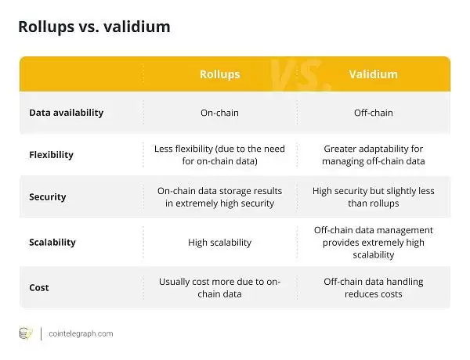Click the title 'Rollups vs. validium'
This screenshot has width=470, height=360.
pos(94,27)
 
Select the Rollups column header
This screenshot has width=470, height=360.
pos(219,74)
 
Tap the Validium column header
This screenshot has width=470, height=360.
pos(373,74)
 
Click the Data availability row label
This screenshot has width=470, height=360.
pos(66,113)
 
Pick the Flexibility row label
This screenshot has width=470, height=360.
pos(51,155)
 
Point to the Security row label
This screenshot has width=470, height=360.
pos(47,198)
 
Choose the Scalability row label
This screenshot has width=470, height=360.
pos(52,242)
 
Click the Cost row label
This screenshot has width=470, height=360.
pos(39,287)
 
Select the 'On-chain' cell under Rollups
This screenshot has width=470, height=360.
pos(219,113)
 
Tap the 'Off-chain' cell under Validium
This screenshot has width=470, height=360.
pos(373,113)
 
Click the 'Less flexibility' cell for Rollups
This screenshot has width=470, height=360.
pos(219,155)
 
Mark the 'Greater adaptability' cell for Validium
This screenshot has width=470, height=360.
pos(373,155)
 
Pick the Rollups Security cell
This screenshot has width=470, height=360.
pos(219,198)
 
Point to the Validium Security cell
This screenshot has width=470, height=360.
pos(373,198)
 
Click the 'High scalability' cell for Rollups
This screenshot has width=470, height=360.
pos(219,243)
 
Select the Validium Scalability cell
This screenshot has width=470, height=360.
pos(373,242)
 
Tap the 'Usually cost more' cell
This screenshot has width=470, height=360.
pos(219,287)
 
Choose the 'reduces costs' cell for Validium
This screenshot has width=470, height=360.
pos(373,287)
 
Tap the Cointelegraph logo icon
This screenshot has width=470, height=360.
pos(26,334)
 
